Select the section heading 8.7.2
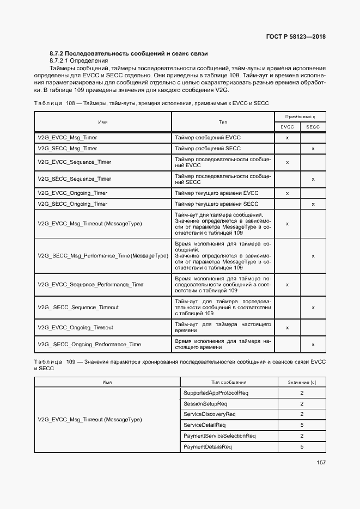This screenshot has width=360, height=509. click(x=129, y=53)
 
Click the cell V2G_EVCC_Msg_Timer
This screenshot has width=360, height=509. click(x=68, y=138)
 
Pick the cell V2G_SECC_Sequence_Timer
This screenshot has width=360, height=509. click(x=75, y=179)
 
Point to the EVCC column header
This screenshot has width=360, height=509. click(x=287, y=127)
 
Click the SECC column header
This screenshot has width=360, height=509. click(x=313, y=127)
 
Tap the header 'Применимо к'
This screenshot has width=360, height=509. click(x=300, y=117)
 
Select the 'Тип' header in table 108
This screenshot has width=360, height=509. click(x=223, y=122)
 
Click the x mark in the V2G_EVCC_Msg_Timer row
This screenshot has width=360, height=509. click(x=287, y=138)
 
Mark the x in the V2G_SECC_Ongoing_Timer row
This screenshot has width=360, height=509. click(x=313, y=204)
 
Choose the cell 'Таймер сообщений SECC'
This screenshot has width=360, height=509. click(x=208, y=149)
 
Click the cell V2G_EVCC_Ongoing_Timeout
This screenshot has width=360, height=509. click(x=76, y=328)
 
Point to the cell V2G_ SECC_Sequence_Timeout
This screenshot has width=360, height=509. click(x=78, y=308)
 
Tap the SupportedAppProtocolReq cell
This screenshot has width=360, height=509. click(x=216, y=393)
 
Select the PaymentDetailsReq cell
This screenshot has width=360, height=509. click(x=208, y=447)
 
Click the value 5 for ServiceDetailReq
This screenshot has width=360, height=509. click(x=302, y=425)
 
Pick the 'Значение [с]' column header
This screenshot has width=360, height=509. click(x=302, y=383)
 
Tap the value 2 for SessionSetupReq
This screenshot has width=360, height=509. click(x=302, y=404)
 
